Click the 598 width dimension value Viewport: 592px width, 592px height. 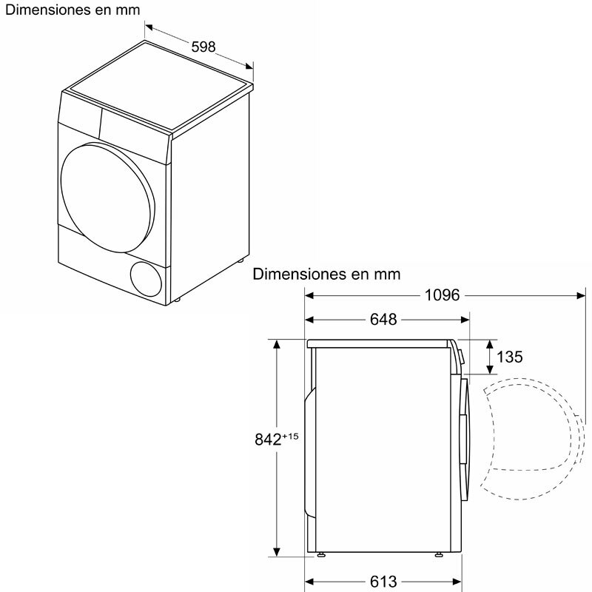coord(203,47)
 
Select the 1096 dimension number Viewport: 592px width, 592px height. coord(442,295)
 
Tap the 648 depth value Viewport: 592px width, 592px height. coord(383,320)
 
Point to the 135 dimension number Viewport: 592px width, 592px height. coord(509,357)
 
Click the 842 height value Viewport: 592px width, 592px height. coord(269,440)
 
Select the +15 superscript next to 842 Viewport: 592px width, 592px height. coord(289,436)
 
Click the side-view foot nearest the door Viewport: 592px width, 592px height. coord(439,554)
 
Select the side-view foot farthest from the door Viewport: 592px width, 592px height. coord(322,554)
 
